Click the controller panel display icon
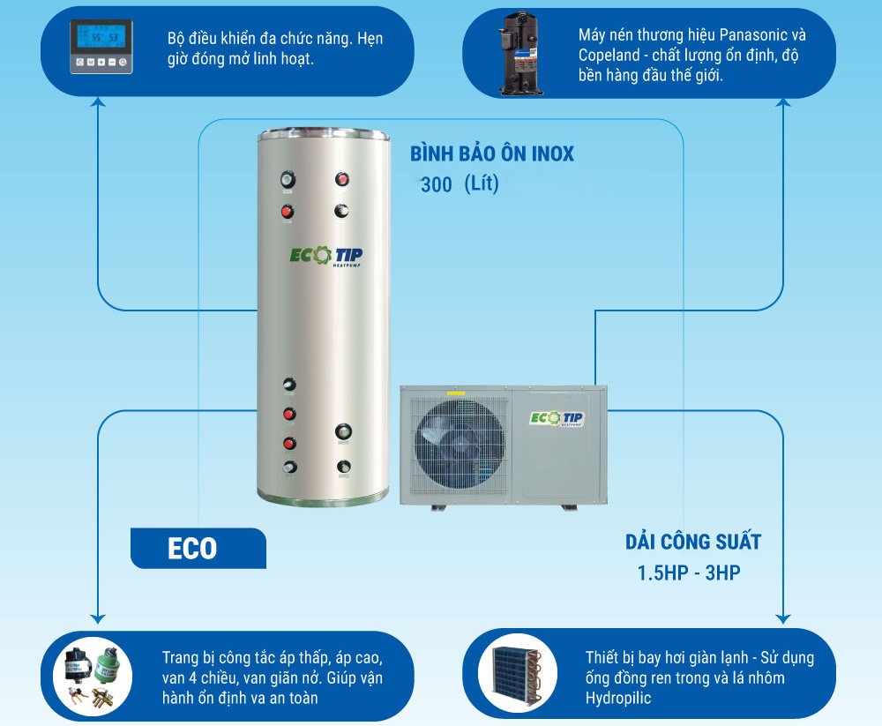[x=101, y=47]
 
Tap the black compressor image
[x=521, y=54]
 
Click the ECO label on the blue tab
[x=192, y=549]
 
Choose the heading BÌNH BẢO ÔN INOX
[x=491, y=153]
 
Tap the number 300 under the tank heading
[x=437, y=184]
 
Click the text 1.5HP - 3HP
[x=689, y=573]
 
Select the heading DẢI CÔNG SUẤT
[x=693, y=542]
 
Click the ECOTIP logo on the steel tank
[x=326, y=256]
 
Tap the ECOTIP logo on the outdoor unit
[x=557, y=418]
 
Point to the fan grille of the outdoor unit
[x=459, y=445]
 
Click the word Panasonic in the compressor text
[x=754, y=35]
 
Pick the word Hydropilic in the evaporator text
[x=618, y=699]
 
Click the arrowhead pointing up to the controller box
[x=99, y=101]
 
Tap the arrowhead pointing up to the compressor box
[x=783, y=101]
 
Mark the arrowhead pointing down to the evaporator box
[x=783, y=619]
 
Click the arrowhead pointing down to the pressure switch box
[x=98, y=619]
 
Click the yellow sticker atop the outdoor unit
[x=456, y=393]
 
